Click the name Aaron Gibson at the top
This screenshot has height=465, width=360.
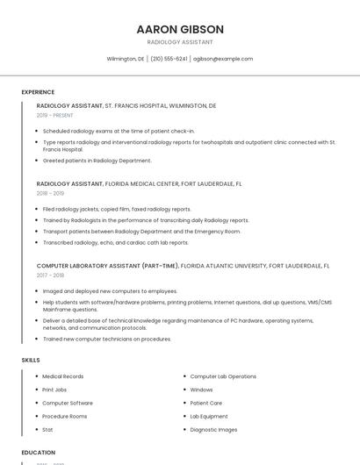tap(180, 29)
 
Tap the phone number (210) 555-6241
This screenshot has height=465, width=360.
tap(169, 59)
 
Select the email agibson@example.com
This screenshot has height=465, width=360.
tap(223, 59)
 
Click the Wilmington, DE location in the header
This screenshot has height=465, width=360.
tap(126, 59)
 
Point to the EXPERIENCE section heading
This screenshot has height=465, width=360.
tap(38, 92)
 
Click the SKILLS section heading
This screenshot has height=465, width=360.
tap(31, 360)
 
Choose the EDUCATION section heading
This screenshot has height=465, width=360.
tap(39, 453)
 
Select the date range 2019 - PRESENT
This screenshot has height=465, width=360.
tap(55, 115)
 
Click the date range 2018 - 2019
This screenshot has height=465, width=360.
tap(50, 193)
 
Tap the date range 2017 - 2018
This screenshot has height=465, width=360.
tap(50, 275)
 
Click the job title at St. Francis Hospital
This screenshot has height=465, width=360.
tap(69, 105)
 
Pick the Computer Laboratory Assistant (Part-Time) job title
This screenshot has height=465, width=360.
tap(108, 265)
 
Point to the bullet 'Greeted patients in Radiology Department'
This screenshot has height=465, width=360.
tap(97, 161)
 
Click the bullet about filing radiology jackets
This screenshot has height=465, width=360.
tap(117, 209)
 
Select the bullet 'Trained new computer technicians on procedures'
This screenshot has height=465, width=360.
tap(107, 339)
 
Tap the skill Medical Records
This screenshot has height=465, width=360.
tap(63, 376)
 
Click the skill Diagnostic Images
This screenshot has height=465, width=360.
tap(213, 430)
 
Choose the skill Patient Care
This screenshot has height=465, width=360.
tap(205, 403)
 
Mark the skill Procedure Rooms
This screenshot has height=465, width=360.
tap(65, 416)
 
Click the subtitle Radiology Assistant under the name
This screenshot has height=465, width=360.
tap(180, 42)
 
